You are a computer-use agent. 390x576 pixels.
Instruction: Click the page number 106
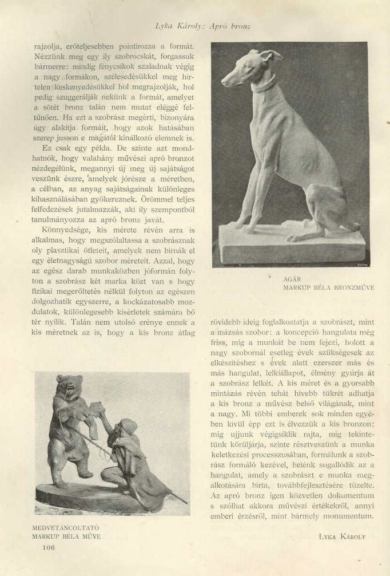point(48,547)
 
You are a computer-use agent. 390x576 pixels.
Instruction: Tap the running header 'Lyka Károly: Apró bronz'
point(203,26)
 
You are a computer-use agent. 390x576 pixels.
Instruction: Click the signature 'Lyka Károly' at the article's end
point(342,537)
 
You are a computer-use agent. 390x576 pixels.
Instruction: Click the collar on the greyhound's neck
point(264,86)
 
